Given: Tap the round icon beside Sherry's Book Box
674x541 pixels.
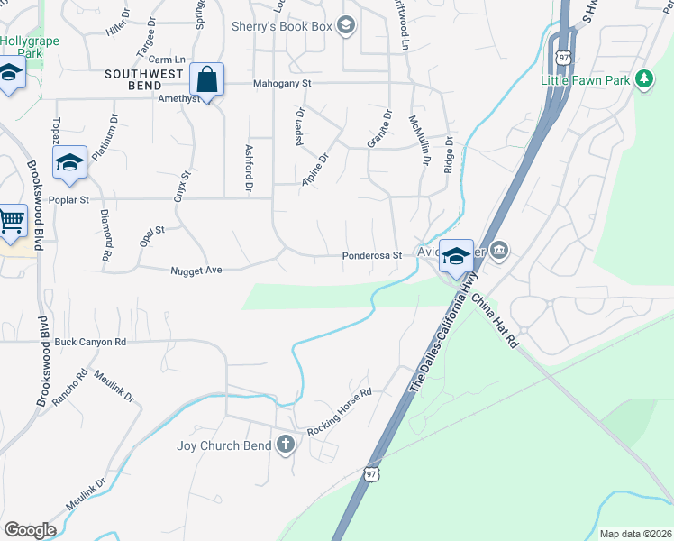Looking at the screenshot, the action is pyautogui.click(x=345, y=25).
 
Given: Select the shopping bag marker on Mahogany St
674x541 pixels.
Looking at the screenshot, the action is pyautogui.click(x=207, y=80).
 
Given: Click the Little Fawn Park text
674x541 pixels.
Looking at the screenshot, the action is pyautogui.click(x=585, y=80).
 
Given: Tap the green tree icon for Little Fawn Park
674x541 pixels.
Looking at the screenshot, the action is pyautogui.click(x=643, y=79).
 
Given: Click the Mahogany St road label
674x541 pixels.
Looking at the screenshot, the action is pyautogui.click(x=282, y=83).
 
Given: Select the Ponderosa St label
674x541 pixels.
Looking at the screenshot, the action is pyautogui.click(x=371, y=256).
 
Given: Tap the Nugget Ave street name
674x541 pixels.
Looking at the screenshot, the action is pyautogui.click(x=196, y=270).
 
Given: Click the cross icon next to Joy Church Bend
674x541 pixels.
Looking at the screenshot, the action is pyautogui.click(x=286, y=444).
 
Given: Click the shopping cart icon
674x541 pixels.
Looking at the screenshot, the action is pyautogui.click(x=10, y=219).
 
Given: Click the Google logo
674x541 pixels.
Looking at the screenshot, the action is pyautogui.click(x=29, y=530).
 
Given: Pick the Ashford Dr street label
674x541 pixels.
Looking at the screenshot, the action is pyautogui.click(x=248, y=168).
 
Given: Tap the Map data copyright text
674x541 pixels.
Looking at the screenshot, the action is pyautogui.click(x=635, y=534).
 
